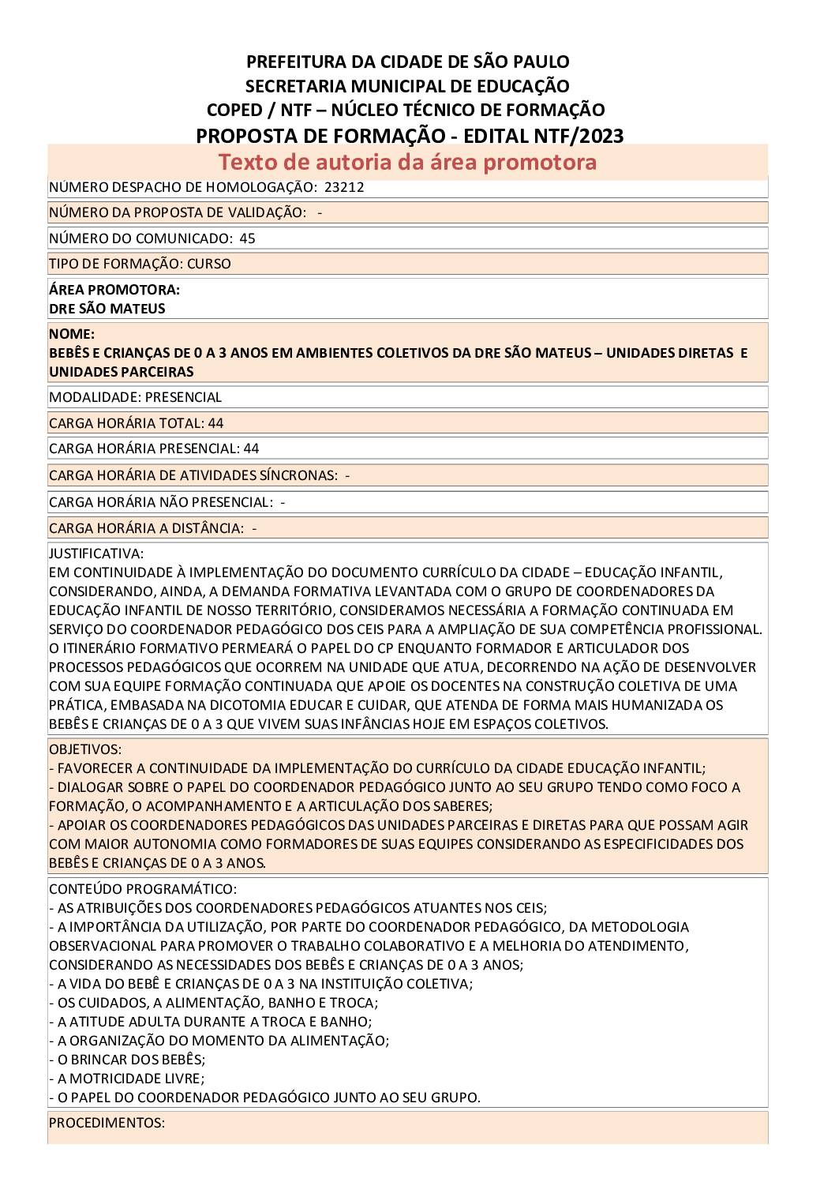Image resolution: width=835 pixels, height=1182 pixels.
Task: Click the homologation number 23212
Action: pos(344,188)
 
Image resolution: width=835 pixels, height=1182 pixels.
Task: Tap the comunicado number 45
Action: pos(247,238)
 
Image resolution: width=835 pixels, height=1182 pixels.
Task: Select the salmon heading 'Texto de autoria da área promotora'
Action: pos(407,162)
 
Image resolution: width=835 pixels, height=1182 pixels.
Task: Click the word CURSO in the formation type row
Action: pos(208,264)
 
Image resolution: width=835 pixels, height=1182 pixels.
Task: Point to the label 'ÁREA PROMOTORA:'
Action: pos(114,290)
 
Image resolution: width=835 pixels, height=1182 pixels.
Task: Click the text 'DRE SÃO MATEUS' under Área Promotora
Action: pos(107,309)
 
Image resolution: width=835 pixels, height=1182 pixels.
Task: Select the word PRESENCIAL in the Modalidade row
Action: pos(183,397)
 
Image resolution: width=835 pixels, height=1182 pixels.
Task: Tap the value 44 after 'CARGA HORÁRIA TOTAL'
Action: pos(215,423)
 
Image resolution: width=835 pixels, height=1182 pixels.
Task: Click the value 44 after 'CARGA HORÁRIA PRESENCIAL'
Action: pos(251,448)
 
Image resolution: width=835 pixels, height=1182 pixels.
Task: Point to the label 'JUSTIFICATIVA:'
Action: pos(96,553)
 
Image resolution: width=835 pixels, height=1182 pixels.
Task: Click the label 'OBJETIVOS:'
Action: pos(85,749)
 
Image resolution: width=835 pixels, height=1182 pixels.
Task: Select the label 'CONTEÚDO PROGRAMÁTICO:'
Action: pos(143,889)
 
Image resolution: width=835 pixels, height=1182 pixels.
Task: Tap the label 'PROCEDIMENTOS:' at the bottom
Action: pos(107,1123)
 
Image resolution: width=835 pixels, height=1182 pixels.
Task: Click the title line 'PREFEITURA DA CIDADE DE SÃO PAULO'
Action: pos(408,62)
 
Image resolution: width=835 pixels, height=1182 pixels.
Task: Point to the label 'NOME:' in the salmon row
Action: pos(72,334)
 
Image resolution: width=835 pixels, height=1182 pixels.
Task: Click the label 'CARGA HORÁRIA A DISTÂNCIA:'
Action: pos(146,528)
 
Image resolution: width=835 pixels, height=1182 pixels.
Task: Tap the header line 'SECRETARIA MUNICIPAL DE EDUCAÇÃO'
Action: pos(407,86)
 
